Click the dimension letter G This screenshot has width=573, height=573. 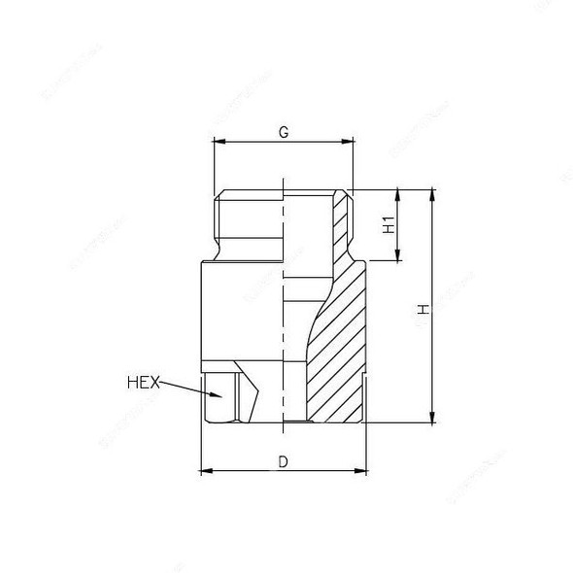coord(283,131)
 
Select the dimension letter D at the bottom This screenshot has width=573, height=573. coord(283,462)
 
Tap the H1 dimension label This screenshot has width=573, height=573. coord(388,225)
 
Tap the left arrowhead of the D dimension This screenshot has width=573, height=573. coord(205,472)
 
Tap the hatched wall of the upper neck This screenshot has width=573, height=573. coord(339,223)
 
